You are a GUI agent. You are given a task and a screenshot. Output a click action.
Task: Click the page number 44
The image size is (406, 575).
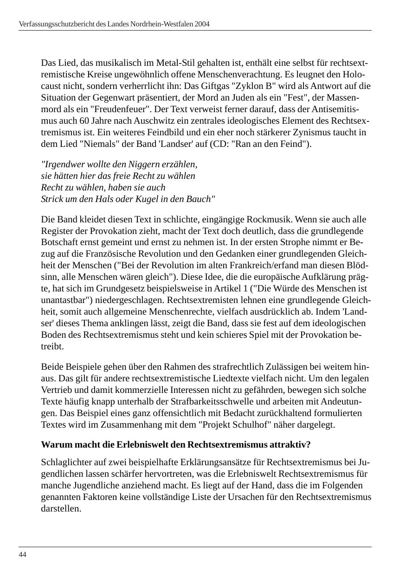(22, 555)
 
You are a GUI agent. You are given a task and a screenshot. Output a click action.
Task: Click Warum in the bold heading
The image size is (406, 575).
(54, 445)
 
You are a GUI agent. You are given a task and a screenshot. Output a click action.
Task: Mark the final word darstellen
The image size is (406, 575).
(61, 509)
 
